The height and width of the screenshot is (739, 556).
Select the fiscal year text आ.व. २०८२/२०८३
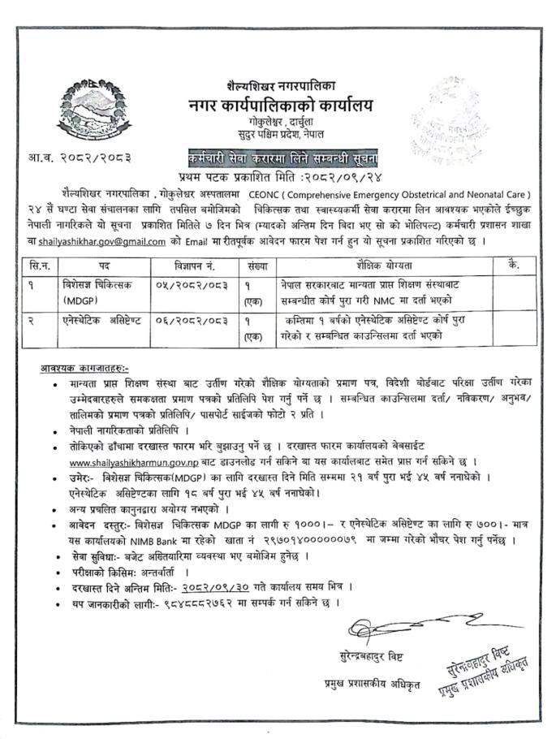[x=80, y=156]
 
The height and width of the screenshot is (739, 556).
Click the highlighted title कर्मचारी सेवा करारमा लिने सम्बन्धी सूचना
[x=279, y=155]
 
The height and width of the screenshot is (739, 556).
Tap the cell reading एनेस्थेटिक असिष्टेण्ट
[x=97, y=322]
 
